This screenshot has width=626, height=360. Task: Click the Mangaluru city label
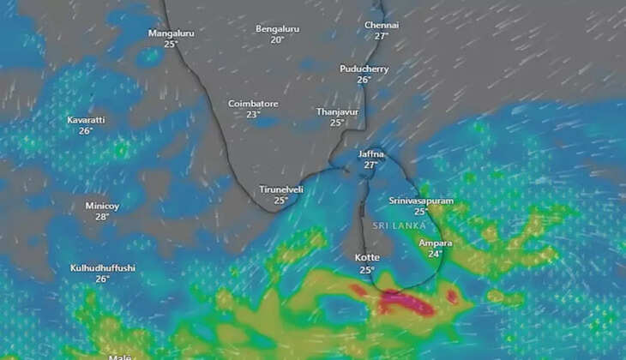pos(171,33)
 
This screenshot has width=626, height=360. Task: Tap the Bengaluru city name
pos(277,29)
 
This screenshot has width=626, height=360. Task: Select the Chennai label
pos(382,26)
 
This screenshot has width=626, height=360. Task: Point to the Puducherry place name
pos(364,69)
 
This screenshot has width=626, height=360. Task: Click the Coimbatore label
pos(253,104)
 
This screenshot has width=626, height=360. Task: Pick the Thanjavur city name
pos(337,111)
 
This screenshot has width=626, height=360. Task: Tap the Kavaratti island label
pos(86,120)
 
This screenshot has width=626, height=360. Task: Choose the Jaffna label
pos(370,153)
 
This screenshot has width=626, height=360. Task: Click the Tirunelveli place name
pos(280,189)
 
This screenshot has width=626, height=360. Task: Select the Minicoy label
pos(103,206)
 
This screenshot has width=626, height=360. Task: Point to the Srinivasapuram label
pos(421,200)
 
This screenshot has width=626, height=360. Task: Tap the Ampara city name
pos(436,243)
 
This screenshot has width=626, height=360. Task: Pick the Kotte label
pos(367,257)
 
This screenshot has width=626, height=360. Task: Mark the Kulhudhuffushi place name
pos(103,268)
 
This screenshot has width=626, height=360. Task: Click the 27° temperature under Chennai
pos(382,36)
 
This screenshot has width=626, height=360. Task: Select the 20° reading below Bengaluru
pos(277,39)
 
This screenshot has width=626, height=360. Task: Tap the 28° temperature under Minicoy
pos(103,217)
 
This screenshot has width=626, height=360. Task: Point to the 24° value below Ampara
pos(436,254)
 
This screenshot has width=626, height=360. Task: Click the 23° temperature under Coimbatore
pos(253,115)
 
